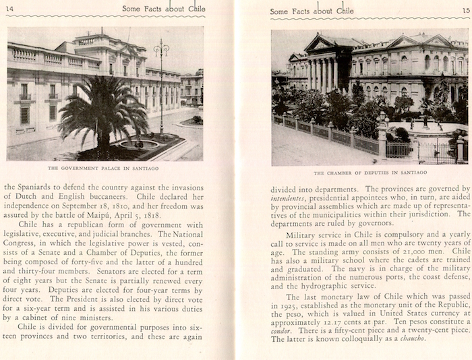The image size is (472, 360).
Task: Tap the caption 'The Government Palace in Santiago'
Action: (x=105, y=168)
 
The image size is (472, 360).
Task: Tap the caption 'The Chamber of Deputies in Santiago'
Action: (x=369, y=173)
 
